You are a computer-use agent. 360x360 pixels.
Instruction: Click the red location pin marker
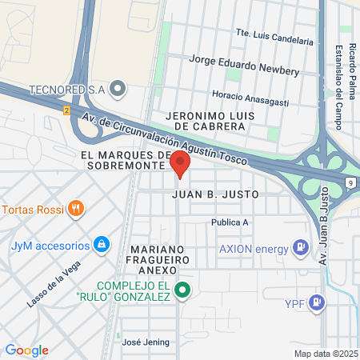pyautogui.click(x=180, y=166)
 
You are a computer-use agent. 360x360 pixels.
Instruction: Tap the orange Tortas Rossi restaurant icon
pyautogui.click(x=76, y=210)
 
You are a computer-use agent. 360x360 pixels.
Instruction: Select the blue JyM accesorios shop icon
pyautogui.click(x=102, y=244)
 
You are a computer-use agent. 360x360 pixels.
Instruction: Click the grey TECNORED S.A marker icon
pyautogui.click(x=118, y=89)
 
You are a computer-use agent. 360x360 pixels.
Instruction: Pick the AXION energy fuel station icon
pyautogui.click(x=300, y=247)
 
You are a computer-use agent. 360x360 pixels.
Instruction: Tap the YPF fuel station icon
pyautogui.click(x=318, y=302)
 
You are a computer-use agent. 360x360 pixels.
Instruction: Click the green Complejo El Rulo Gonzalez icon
pyautogui.click(x=182, y=290)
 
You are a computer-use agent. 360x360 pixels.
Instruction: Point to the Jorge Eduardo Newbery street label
pyautogui.click(x=243, y=65)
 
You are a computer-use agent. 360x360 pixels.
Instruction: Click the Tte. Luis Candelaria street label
pyautogui.click(x=274, y=38)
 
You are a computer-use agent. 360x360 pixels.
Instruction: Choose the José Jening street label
pyautogui.click(x=146, y=342)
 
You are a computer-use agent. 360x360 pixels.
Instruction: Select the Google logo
pyautogui.click(x=26, y=350)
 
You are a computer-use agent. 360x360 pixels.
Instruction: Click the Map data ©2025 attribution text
pyautogui.click(x=325, y=354)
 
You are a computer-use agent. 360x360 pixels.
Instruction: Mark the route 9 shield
pyautogui.click(x=351, y=182)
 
